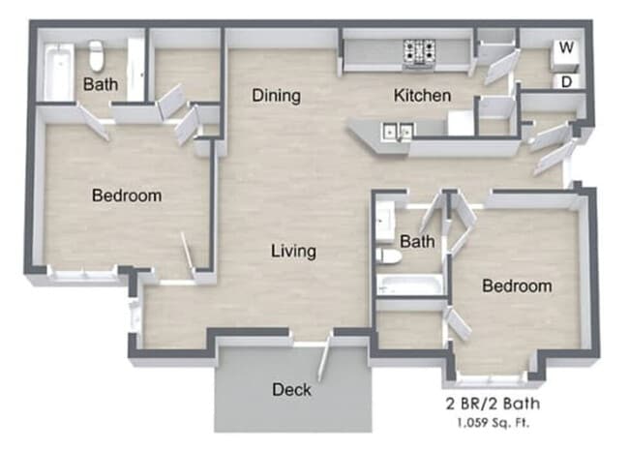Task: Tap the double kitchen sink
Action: point(398,131)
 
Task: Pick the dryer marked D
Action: point(565,81)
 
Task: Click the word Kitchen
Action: point(421,96)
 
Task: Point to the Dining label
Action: point(276,96)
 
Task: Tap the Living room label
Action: point(293,252)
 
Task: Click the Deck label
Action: point(291,390)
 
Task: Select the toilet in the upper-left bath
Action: point(97,51)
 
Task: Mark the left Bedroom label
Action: point(126,195)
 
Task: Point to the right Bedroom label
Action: point(517,286)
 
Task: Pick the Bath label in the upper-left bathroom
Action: point(101,85)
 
